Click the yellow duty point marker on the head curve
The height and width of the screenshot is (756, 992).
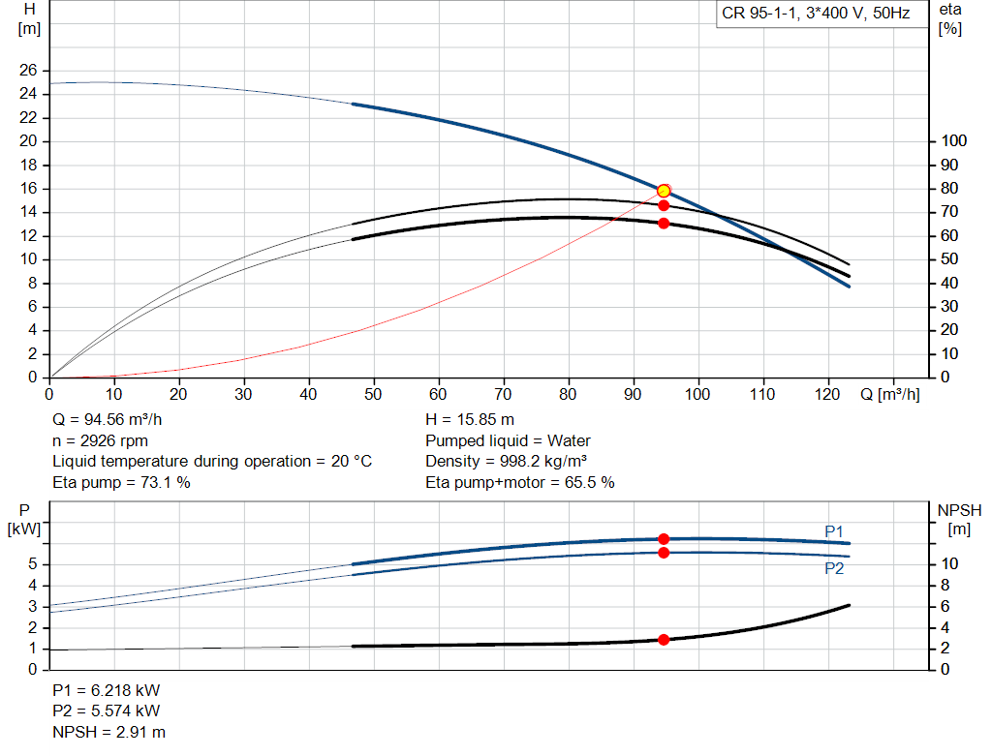point(664,191)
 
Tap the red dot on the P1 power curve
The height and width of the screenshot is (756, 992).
point(664,539)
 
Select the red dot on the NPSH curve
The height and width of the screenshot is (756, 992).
point(664,640)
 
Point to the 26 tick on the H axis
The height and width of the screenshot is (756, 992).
point(28,71)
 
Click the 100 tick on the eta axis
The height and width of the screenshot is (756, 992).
point(953,141)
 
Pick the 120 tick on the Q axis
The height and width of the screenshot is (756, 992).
point(828,394)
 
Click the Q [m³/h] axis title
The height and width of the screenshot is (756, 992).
point(889,394)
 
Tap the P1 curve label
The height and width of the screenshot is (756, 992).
point(834,531)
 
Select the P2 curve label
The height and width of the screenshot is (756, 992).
point(834,569)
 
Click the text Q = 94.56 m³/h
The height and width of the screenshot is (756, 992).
point(108,420)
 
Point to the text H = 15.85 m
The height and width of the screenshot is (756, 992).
point(470,420)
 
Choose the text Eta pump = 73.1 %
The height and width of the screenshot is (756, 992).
point(121,482)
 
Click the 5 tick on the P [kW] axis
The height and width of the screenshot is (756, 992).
point(33,564)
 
